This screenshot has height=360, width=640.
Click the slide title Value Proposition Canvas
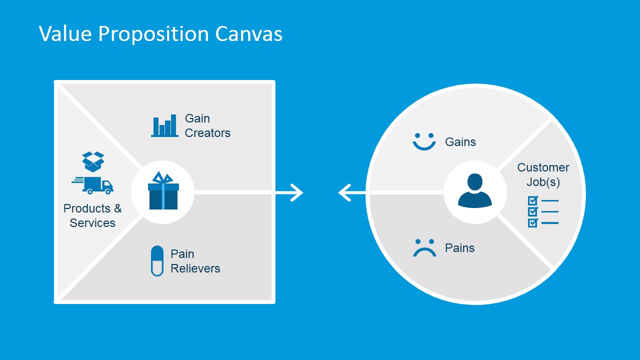pos(160,34)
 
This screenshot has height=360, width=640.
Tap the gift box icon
pos(163,191)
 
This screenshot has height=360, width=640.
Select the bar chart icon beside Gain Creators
pos(164,126)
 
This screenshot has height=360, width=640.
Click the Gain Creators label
pos(207,125)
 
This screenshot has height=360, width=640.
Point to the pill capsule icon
pos(157,261)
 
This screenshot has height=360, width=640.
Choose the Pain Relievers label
pos(195,261)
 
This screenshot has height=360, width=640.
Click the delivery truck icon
pos(93,185)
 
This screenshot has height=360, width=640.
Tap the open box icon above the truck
pos(93,161)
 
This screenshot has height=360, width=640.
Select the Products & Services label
pos(92,215)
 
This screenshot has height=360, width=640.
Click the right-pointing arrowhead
pos(297,192)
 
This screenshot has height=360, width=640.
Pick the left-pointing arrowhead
pos(344,192)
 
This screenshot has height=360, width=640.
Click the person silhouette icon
pos(474,190)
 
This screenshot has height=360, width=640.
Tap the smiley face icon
pos(424,142)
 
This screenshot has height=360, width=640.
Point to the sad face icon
pos(424,248)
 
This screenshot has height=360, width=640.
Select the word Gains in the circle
pos(460,142)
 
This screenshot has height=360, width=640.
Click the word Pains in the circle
pos(459,248)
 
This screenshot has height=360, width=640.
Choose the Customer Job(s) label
pos(543,174)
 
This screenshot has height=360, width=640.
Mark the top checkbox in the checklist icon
pos(532,201)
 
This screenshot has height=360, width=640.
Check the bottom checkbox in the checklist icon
pos(532,223)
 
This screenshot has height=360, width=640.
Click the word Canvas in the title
pos(249,34)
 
